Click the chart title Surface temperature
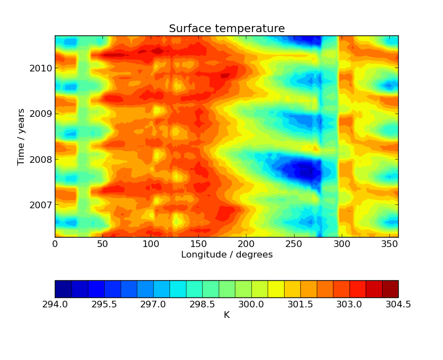226,29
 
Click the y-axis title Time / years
22,137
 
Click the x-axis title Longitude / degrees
226,255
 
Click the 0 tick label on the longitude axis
55,244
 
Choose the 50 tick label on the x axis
102,244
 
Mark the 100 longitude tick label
151,244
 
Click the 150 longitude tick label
198,244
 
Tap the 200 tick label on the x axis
246,244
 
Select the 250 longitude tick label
293,244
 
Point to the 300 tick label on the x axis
342,244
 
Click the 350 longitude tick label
389,244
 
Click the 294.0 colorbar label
55,305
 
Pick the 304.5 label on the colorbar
398,305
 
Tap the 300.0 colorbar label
251,305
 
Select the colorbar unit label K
226,315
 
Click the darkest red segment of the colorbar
390,289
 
